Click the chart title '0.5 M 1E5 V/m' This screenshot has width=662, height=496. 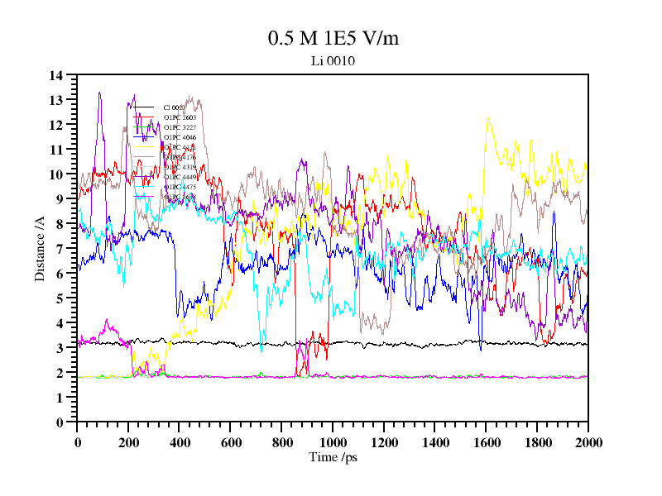(328, 39)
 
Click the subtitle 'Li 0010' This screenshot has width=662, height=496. (327, 60)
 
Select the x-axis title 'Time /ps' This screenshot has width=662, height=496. (332, 457)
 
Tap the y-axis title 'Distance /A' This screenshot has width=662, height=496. (39, 249)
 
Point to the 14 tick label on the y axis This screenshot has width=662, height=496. (56, 75)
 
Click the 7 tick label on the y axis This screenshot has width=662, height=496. (60, 249)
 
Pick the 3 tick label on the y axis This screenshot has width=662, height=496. (60, 348)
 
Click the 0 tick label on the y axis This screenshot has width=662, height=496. (60, 422)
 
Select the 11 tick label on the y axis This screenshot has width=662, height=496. (56, 150)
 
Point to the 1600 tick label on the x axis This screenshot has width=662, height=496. (486, 443)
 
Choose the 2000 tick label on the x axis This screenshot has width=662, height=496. (588, 443)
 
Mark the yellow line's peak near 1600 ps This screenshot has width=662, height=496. (488, 118)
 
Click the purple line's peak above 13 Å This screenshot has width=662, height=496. (100, 93)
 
